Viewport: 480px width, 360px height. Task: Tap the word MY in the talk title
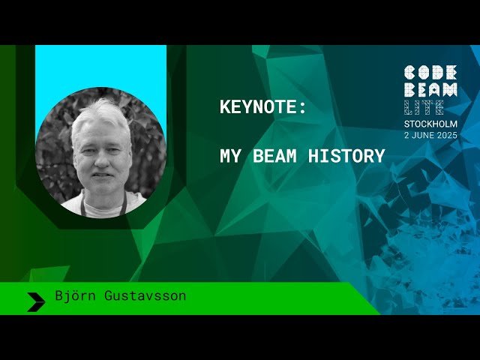[x=229, y=157]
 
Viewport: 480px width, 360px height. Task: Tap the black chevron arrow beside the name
[x=36, y=301]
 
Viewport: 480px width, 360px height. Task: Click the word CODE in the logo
[x=430, y=73]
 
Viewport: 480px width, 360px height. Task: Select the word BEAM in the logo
[x=430, y=90]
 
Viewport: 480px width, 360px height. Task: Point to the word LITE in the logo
[x=423, y=107]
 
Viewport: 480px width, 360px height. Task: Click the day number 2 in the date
[x=408, y=135]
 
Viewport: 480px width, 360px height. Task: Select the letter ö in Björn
[x=76, y=295]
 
